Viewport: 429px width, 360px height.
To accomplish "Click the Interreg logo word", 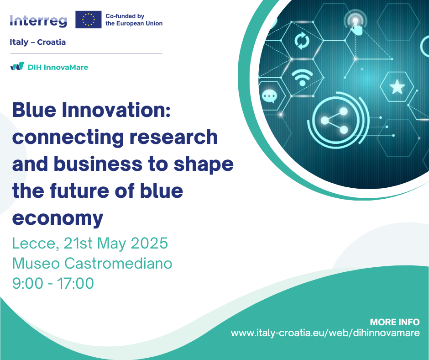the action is click(38, 21).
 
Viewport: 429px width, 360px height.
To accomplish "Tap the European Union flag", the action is click(89, 20).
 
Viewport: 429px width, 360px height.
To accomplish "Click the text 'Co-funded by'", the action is click(125, 16).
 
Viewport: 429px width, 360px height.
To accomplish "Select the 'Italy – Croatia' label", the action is click(38, 42).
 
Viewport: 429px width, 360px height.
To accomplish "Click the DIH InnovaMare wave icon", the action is click(17, 66).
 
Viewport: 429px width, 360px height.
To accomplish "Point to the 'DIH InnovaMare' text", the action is click(58, 68).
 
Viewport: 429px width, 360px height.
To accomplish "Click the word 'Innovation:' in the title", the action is click(116, 110).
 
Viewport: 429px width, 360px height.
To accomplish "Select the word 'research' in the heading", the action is click(173, 137).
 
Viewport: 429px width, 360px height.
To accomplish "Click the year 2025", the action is click(149, 244).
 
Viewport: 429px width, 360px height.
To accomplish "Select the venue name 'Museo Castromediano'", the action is click(92, 263).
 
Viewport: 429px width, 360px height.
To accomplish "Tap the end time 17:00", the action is click(75, 283).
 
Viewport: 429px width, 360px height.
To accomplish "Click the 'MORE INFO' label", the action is click(394, 322).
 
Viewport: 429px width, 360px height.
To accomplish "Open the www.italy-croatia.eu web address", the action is click(325, 333).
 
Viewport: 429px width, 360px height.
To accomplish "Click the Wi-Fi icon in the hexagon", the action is click(302, 78).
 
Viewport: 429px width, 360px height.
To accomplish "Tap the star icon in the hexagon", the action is click(397, 87).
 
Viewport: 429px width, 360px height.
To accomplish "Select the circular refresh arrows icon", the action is click(302, 41).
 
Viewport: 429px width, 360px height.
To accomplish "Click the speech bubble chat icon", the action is click(269, 96).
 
